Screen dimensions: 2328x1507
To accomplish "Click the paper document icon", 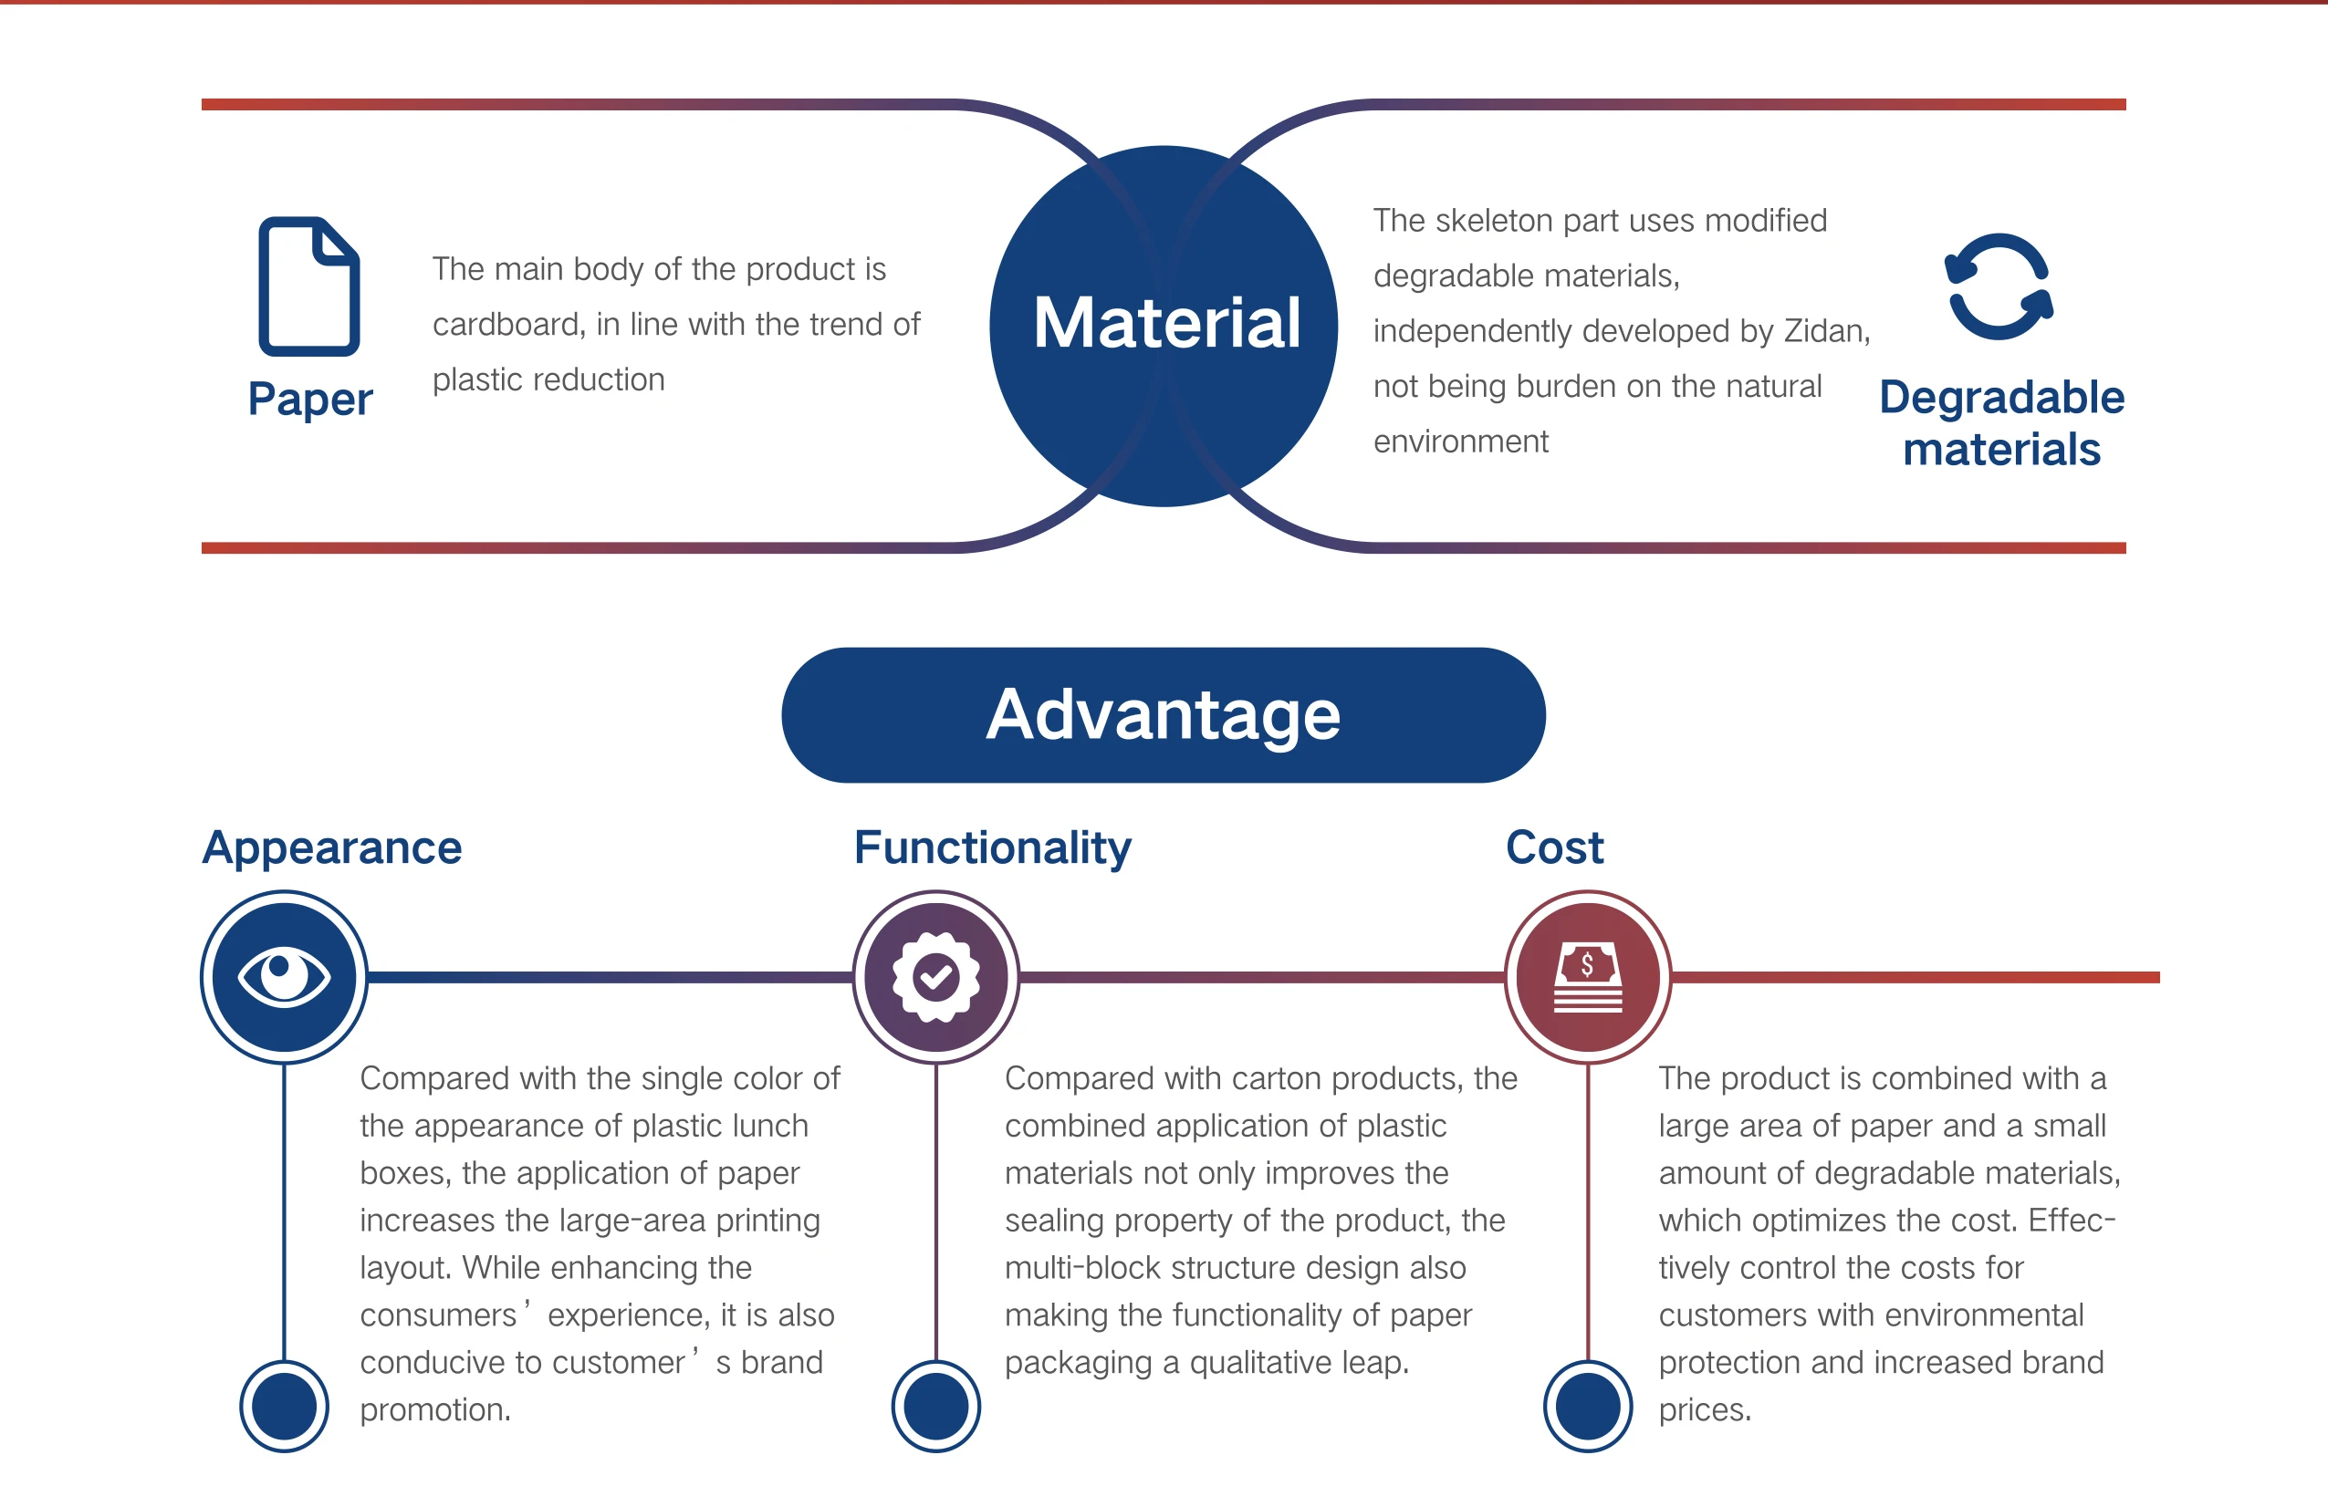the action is [x=309, y=286].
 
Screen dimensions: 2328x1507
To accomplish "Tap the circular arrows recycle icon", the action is [x=1999, y=286].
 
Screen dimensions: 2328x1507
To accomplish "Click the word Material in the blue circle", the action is [x=1166, y=323].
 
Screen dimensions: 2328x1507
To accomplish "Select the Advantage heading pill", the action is [x=1163, y=715].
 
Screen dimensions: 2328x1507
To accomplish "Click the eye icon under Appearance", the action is [x=285, y=976].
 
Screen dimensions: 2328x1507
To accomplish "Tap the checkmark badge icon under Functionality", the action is [x=936, y=976].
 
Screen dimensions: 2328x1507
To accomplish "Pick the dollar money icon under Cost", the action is [x=1588, y=976].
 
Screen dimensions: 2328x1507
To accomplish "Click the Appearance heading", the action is [x=331, y=847].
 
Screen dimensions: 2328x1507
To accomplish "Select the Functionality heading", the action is [x=992, y=847].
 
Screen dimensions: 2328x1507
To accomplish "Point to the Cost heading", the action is [x=1554, y=847].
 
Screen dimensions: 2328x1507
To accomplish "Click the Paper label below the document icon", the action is [x=310, y=399].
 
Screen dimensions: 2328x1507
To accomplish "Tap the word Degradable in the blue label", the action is [x=2001, y=398].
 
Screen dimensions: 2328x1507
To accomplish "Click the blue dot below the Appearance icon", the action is [x=285, y=1407].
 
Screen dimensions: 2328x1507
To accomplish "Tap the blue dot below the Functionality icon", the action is [x=936, y=1407].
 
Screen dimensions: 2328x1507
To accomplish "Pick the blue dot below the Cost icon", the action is [x=1588, y=1407].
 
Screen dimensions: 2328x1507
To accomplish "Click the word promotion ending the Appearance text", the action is [x=433, y=1410].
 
